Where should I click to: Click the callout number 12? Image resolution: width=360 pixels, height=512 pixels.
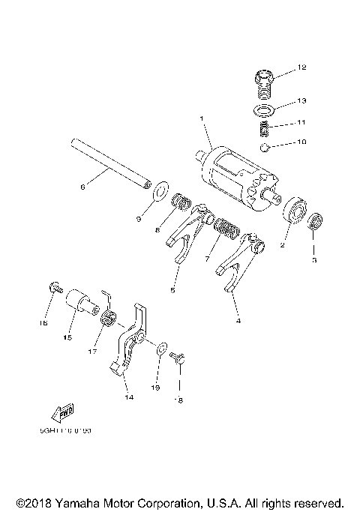(x=302, y=68)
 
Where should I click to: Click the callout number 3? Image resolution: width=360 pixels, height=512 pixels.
(x=315, y=260)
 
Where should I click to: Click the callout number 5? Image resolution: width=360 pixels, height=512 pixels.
(x=172, y=289)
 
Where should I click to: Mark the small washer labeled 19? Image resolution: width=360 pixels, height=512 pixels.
(x=161, y=348)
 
